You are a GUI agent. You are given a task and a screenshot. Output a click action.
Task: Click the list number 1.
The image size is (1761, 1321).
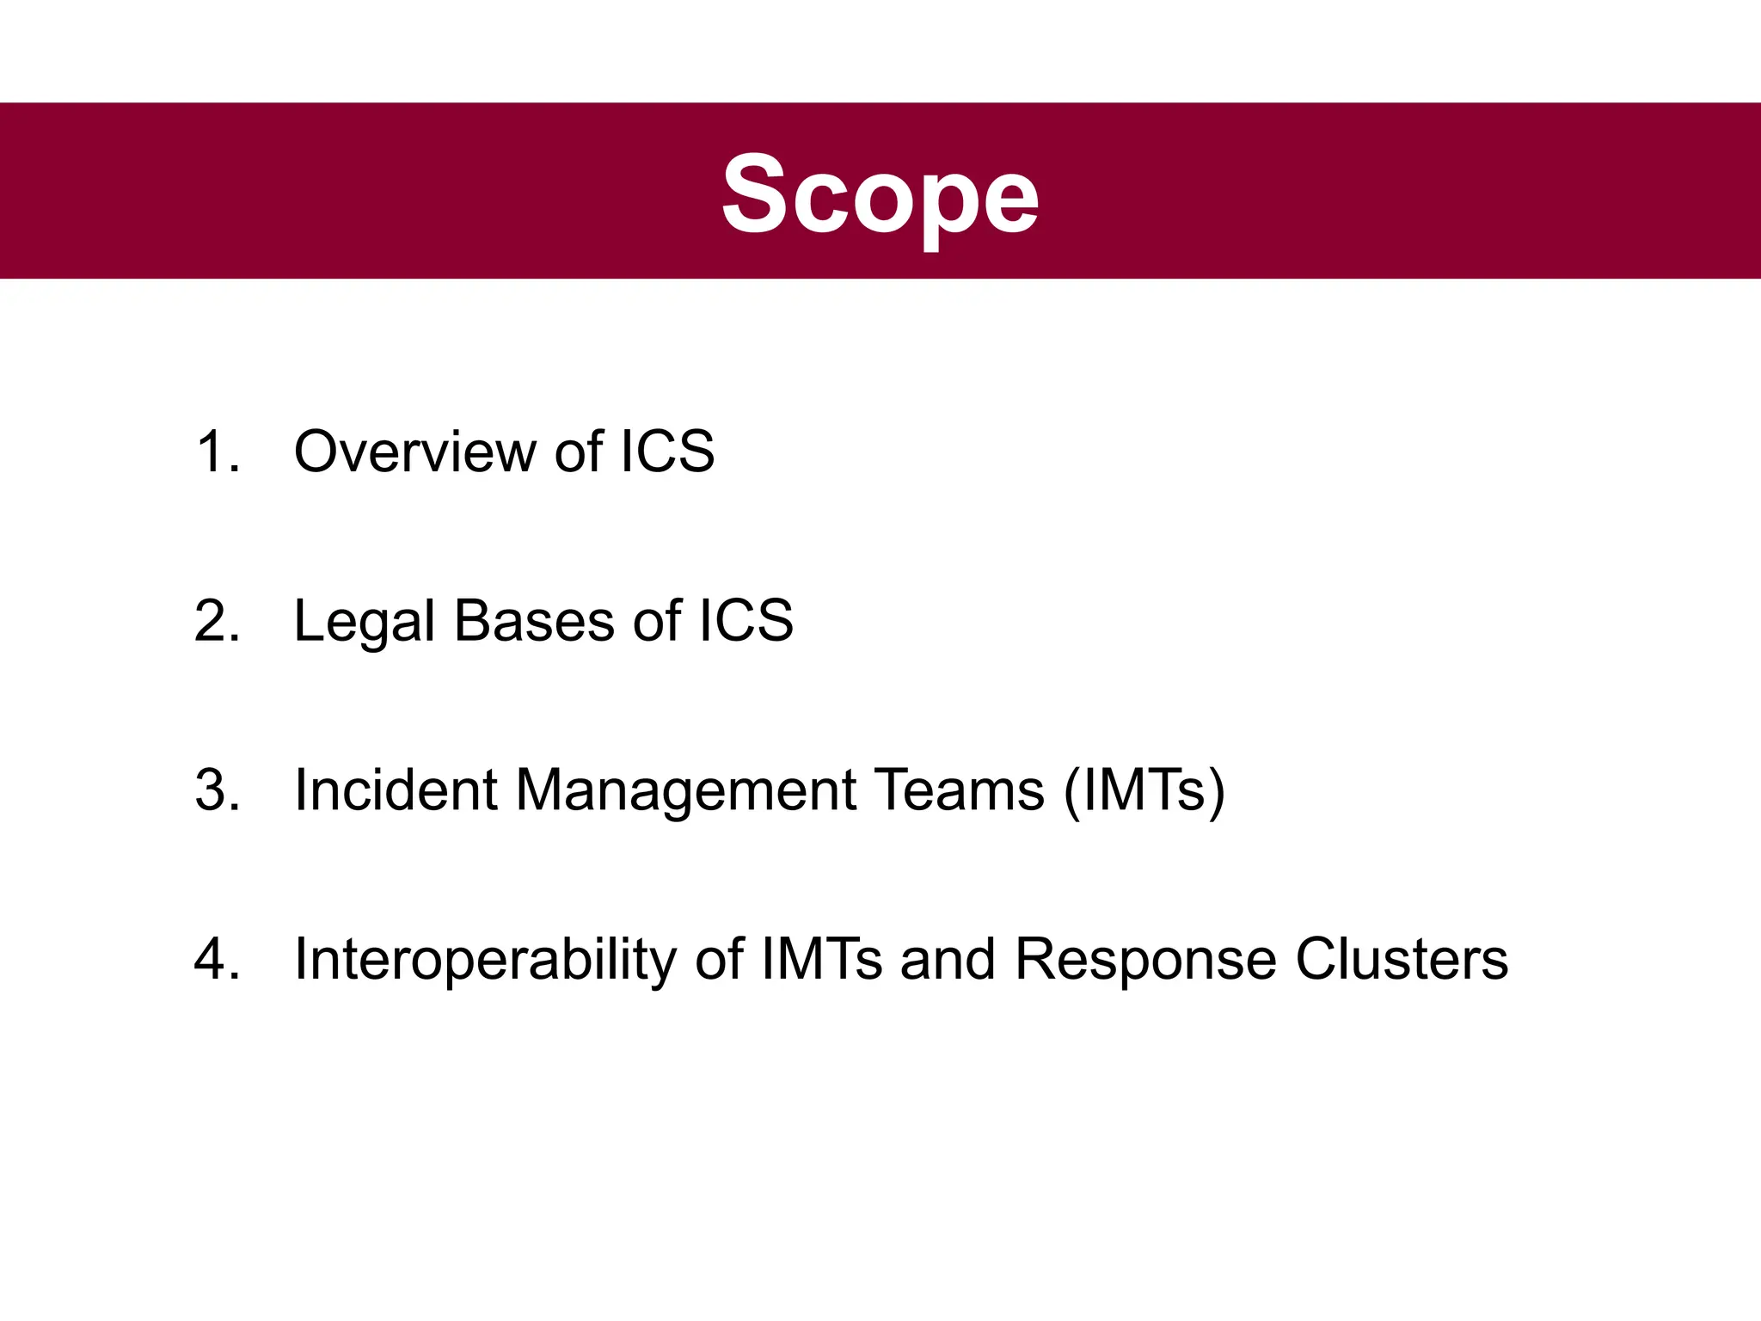click(214, 452)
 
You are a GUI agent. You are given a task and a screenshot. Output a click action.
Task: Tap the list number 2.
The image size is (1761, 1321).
click(216, 621)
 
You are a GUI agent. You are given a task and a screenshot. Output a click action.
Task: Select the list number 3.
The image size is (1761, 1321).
click(216, 790)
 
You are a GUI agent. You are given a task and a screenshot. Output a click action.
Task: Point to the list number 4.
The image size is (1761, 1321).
click(216, 959)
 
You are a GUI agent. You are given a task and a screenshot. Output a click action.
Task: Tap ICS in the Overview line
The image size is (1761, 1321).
click(667, 452)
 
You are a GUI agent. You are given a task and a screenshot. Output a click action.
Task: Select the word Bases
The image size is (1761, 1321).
click(534, 621)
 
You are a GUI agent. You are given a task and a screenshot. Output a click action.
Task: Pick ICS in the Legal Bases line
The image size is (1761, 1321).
click(746, 621)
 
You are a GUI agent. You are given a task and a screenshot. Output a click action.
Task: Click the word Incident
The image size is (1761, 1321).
click(396, 790)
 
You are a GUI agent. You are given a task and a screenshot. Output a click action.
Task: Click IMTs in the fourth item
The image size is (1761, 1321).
click(821, 959)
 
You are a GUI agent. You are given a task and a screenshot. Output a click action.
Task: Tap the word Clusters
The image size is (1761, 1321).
click(1401, 959)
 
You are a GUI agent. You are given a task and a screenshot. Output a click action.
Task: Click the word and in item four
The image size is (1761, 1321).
click(948, 959)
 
